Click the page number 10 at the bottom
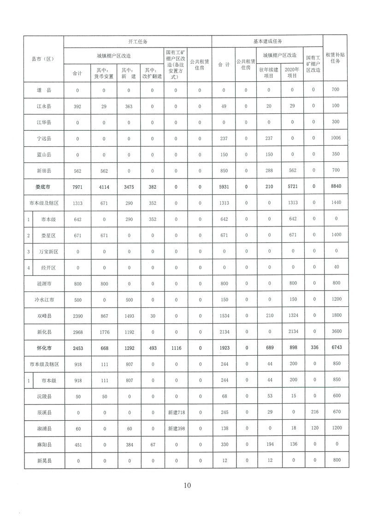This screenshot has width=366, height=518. [x=187, y=485]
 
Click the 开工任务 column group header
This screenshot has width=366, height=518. [x=138, y=42]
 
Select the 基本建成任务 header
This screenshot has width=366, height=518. [x=267, y=42]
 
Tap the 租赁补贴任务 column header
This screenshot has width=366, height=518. [x=335, y=58]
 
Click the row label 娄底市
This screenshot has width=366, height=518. [x=43, y=186]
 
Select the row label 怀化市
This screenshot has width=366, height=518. [x=43, y=348]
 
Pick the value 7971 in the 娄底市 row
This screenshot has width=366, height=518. [x=77, y=186]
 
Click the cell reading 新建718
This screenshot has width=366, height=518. [x=176, y=412]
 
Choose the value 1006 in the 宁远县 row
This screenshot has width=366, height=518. [x=335, y=138]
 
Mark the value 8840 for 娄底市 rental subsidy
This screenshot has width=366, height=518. [x=335, y=186]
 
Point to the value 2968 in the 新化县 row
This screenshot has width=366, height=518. [x=77, y=332]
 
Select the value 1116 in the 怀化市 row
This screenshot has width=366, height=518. [x=176, y=348]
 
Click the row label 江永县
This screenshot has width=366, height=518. [x=43, y=106]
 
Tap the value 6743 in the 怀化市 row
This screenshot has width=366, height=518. [x=335, y=348]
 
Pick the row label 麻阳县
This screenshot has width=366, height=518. [x=43, y=445]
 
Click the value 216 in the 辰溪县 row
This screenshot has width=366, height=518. [x=313, y=412]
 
